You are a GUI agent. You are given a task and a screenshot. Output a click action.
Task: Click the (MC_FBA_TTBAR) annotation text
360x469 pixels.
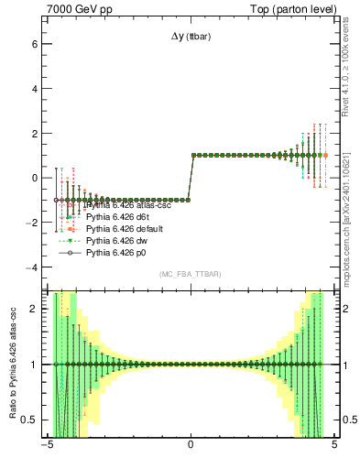pyautogui.click(x=190, y=275)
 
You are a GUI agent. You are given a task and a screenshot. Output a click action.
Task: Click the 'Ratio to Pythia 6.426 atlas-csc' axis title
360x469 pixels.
pyautogui.click(x=11, y=366)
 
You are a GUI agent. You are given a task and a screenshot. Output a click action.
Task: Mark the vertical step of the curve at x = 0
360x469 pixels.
pyautogui.click(x=191, y=177)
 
